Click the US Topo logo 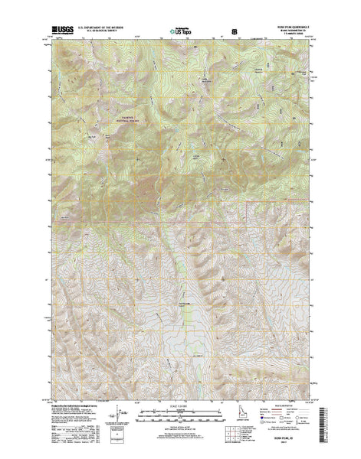[181, 32]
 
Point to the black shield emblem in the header [235, 32]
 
